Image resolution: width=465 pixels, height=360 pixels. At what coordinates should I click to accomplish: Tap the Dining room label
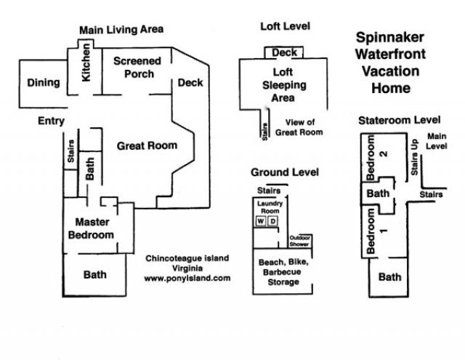(x=44, y=82)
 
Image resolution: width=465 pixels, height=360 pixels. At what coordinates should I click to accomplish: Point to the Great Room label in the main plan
(x=147, y=145)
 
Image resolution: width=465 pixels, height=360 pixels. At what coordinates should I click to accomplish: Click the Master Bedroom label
(x=91, y=229)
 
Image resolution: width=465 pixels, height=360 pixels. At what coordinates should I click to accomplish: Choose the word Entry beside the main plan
(x=51, y=121)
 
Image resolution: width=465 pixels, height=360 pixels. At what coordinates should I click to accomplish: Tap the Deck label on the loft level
(x=283, y=52)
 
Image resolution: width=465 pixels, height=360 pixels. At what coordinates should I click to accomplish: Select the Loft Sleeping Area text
(x=283, y=85)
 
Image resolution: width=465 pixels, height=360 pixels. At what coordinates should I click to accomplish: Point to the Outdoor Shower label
(x=300, y=241)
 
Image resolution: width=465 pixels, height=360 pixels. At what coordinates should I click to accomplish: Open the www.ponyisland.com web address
(x=187, y=278)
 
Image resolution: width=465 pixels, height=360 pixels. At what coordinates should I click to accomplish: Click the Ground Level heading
(x=284, y=172)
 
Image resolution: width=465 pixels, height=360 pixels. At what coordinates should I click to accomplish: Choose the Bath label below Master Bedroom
(x=94, y=275)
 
